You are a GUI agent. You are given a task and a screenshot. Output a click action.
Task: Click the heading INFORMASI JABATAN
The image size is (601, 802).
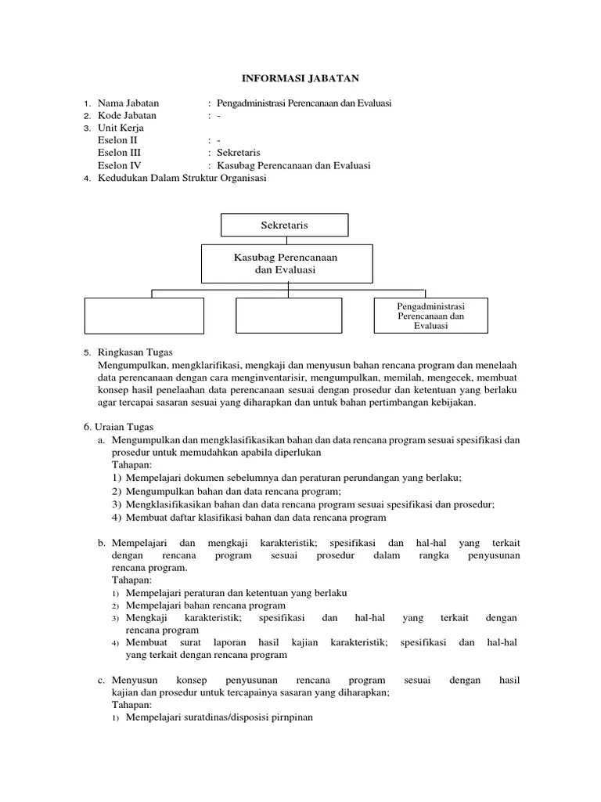coord(300,78)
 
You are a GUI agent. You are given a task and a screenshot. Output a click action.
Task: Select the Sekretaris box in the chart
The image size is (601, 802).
coord(284,225)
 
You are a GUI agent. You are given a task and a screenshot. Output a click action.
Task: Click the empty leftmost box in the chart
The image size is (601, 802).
coord(144,316)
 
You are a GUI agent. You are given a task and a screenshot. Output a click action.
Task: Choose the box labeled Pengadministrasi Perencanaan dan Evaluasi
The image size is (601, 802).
coord(430,316)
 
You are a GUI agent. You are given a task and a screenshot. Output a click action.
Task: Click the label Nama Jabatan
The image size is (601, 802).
coord(128,103)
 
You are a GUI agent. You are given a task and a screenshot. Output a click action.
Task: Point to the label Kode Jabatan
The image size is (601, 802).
coord(128,115)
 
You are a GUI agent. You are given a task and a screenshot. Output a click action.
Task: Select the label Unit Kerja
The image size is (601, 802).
coord(121,128)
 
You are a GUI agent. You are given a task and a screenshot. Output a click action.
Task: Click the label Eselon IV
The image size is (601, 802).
coord(120,165)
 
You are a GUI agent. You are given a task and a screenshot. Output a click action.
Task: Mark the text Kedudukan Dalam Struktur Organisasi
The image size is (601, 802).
coord(182,178)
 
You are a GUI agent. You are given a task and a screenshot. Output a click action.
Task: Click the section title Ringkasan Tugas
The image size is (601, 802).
coord(135,352)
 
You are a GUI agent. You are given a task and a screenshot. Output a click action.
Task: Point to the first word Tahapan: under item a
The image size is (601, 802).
coord(132,464)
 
